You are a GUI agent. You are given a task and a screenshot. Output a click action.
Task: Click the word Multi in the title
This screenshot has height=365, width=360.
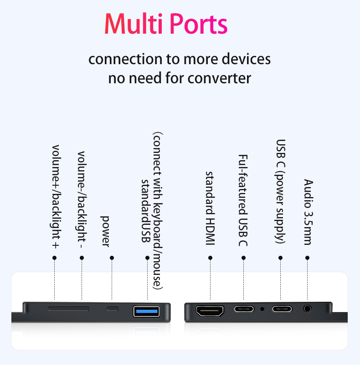(x=133, y=24)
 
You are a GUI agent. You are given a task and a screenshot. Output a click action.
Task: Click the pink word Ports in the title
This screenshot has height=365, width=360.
(x=199, y=24)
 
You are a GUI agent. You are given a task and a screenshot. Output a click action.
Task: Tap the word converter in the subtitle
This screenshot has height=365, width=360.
(x=219, y=78)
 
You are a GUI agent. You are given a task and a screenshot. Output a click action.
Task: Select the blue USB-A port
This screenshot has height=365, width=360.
(x=146, y=311)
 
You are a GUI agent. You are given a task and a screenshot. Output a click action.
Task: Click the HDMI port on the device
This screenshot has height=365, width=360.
(x=210, y=311)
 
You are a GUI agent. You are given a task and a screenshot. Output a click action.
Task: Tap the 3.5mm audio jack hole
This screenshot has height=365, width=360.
(x=307, y=309)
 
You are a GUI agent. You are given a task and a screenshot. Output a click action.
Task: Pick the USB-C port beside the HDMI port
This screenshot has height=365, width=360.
(x=244, y=309)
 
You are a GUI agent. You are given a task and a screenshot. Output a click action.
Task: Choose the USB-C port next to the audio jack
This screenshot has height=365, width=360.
(x=282, y=309)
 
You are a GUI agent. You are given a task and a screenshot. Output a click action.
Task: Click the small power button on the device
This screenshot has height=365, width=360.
(x=113, y=309)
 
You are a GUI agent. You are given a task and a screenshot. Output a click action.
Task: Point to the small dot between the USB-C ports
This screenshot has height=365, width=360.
(x=262, y=309)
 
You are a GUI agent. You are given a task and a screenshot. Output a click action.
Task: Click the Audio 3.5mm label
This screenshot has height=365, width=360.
(x=308, y=212)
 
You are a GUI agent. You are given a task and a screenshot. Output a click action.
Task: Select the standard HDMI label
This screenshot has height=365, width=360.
(x=210, y=208)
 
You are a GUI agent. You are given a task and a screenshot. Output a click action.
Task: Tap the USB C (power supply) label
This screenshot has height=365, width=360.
(x=280, y=191)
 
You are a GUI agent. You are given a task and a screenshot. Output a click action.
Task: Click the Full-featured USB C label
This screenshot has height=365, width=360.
(x=243, y=200)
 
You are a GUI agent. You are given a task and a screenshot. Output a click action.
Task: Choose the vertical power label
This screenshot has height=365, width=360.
(x=105, y=231)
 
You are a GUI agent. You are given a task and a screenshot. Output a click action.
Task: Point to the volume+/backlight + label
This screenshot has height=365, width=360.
(x=56, y=197)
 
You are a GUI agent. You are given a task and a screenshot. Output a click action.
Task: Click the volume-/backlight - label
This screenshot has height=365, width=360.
(x=81, y=200)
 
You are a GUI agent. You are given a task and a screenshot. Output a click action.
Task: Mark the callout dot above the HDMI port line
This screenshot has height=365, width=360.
(x=210, y=258)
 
